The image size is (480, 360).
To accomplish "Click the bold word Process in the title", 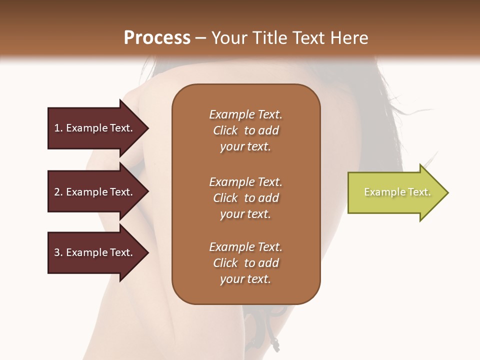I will tap(157, 38).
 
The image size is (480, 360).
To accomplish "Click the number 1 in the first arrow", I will tap(57, 128).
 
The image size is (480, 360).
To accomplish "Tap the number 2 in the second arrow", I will tap(57, 192).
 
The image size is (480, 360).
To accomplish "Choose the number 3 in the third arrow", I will tap(57, 252).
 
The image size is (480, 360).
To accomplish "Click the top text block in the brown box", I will tap(245, 130).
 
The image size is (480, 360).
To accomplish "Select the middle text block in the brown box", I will tap(245, 198).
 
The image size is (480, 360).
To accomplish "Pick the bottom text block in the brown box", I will tap(245, 263).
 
